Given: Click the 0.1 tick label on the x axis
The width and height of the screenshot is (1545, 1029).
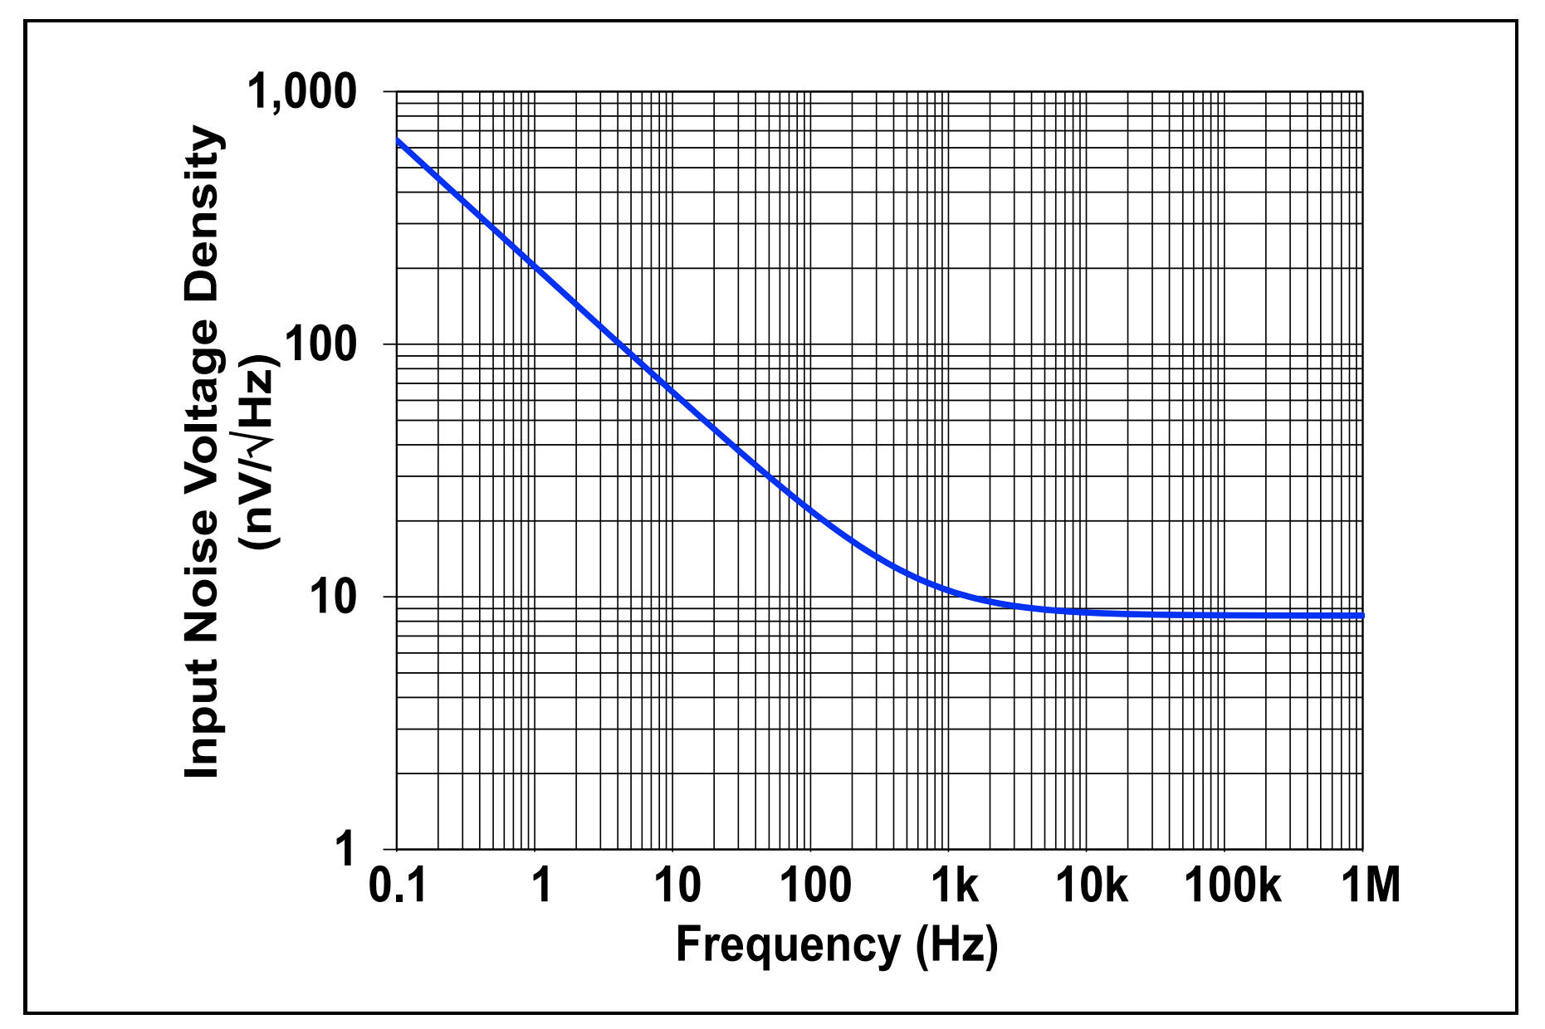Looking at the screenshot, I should [x=397, y=885].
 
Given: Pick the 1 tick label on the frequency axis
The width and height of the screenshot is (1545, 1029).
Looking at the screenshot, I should [x=540, y=885].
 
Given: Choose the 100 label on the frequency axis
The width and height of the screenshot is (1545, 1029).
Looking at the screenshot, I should [x=814, y=885].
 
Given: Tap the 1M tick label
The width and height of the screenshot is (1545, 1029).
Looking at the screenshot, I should [x=1370, y=885].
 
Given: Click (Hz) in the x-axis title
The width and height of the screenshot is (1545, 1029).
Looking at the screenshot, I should [x=956, y=945].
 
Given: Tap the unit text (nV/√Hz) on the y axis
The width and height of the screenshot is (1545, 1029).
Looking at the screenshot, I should [x=259, y=452].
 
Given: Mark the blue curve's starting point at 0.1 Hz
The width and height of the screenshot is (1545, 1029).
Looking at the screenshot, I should [x=398, y=140].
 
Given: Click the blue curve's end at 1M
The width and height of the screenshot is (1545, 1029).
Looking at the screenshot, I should [x=1362, y=616].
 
